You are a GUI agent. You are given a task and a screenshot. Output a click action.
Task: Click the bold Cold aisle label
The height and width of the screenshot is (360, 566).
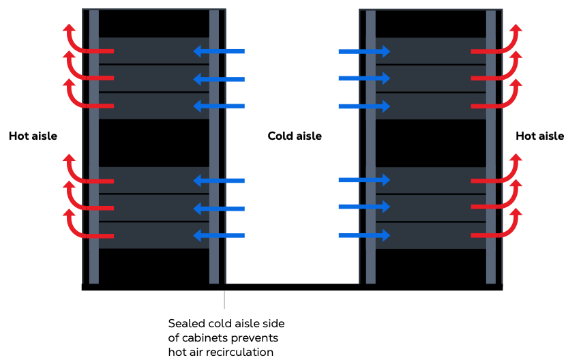pos(294,136)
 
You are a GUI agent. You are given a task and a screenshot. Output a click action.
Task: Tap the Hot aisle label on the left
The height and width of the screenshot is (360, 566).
pos(33,136)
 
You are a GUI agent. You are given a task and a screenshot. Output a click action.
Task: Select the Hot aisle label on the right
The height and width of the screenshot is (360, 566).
pos(539,136)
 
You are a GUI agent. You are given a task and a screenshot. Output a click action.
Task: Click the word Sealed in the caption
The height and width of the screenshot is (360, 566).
pos(185,323)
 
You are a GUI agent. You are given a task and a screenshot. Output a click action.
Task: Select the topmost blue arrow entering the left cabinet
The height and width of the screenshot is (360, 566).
pos(218,51)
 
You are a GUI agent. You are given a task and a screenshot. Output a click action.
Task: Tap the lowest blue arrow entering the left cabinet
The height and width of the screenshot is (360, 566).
pos(218,236)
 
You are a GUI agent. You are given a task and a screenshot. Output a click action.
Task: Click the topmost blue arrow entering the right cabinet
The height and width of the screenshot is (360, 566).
pos(364,51)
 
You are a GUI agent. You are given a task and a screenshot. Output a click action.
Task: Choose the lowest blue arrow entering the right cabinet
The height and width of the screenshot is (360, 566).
pos(364,236)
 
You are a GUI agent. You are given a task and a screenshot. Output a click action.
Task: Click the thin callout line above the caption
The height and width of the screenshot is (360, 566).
pos(224,300)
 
